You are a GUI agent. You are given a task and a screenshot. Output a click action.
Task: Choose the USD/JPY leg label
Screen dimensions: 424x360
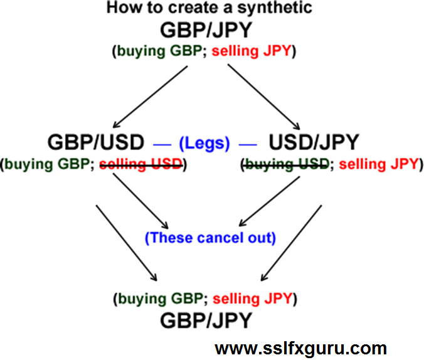[x=314, y=142]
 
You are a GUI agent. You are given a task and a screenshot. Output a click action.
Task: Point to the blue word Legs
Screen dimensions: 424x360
[x=204, y=143]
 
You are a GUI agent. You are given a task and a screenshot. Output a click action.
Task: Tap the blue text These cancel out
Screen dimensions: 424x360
[x=209, y=238]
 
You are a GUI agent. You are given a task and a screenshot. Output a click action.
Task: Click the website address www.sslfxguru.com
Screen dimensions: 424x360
[x=301, y=347]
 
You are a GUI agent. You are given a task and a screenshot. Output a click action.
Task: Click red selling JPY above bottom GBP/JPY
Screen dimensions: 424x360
[x=253, y=299]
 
